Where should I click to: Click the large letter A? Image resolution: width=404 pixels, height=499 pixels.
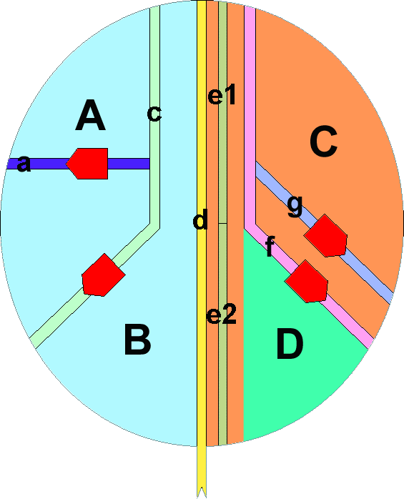(90, 115)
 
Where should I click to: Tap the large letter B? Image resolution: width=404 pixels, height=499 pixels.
(137, 339)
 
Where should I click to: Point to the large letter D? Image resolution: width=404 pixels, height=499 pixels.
(290, 344)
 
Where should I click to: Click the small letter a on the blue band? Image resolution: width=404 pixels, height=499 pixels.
(24, 164)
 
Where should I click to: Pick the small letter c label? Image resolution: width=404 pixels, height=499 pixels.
(154, 114)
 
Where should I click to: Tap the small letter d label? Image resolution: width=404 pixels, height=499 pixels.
(200, 219)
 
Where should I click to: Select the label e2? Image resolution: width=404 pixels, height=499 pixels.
(222, 314)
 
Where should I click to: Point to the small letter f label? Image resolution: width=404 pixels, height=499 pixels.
(270, 247)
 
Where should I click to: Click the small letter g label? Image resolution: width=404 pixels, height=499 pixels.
(295, 206)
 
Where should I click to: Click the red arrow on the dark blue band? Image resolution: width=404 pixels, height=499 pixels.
(87, 164)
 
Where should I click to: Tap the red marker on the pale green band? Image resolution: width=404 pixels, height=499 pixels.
(103, 276)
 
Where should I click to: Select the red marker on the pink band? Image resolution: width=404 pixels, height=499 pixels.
(306, 282)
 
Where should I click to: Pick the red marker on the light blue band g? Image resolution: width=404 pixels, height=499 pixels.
(325, 235)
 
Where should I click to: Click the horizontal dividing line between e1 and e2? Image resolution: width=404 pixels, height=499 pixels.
(222, 223)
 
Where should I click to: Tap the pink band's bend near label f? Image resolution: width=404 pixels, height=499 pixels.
(250, 226)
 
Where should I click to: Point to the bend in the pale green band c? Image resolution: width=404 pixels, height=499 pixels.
(154, 226)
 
